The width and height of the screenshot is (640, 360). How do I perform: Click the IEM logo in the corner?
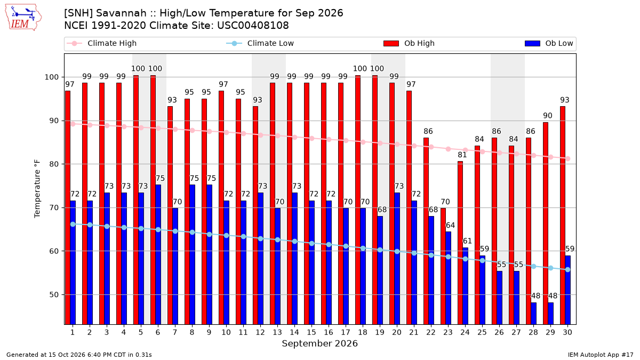[23, 18]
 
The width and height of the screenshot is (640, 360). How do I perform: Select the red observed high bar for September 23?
[443, 266]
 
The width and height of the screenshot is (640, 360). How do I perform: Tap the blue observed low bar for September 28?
[534, 314]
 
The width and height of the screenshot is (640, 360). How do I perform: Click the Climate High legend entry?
[101, 43]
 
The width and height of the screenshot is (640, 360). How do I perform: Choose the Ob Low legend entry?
[549, 43]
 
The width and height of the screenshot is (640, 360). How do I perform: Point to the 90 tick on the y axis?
[53, 121]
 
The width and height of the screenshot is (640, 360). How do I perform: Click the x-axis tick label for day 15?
[311, 332]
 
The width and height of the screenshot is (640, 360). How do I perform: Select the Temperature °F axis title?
[37, 189]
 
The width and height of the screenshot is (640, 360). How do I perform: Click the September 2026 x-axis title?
[319, 343]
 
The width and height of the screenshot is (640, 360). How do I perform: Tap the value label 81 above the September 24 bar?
[462, 155]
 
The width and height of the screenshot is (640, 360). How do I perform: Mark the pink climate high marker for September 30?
[567, 158]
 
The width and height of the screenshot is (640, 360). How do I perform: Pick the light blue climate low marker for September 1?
[73, 225]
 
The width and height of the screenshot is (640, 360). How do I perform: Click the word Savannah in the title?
[121, 13]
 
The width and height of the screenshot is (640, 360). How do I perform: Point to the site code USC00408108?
[253, 26]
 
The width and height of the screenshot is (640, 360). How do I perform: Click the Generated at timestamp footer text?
[79, 355]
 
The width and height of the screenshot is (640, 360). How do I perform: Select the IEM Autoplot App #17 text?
[601, 355]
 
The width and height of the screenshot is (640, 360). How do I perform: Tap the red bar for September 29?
[546, 223]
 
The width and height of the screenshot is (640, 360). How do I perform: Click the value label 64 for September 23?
[450, 225]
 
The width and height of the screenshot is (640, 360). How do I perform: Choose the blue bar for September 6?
[158, 254]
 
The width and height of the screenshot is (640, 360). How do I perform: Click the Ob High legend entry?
[409, 43]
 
